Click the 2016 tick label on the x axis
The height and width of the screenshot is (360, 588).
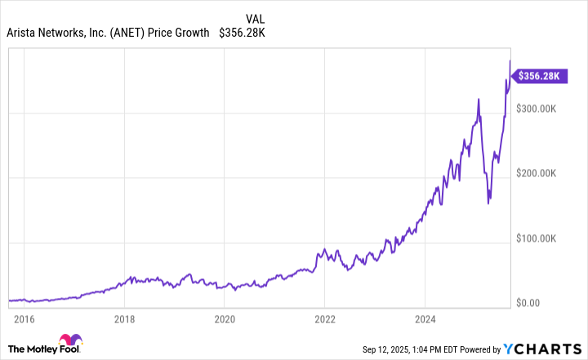tap(23, 318)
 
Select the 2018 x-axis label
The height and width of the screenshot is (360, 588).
tap(124, 318)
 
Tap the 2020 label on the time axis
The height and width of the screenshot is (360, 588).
tap(225, 318)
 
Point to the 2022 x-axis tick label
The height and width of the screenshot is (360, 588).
tap(325, 318)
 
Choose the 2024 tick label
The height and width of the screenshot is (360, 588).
tap(425, 318)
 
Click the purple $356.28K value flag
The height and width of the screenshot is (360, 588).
tap(537, 76)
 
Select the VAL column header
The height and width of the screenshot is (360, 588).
tap(256, 17)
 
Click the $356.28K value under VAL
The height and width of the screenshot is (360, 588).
tap(243, 33)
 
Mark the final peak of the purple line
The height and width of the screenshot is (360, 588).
tap(510, 60)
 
